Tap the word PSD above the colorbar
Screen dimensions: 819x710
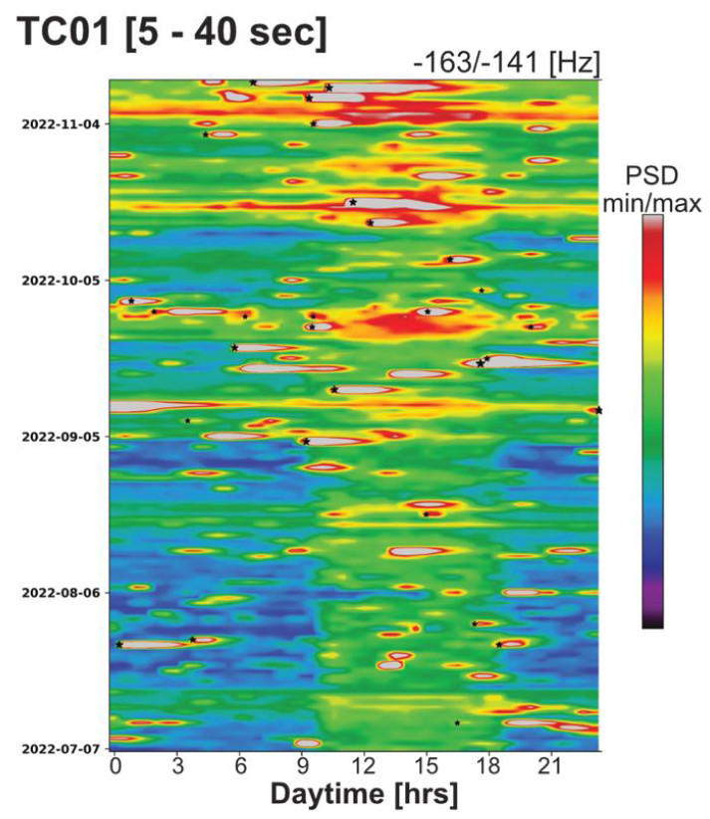point(651,178)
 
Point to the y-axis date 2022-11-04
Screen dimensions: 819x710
point(60,123)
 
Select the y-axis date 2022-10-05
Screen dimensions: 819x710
point(60,280)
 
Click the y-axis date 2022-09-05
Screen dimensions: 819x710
point(60,436)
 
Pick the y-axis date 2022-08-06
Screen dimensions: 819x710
point(60,592)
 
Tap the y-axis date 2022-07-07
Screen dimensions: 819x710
point(60,747)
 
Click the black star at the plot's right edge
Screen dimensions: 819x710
point(597,410)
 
